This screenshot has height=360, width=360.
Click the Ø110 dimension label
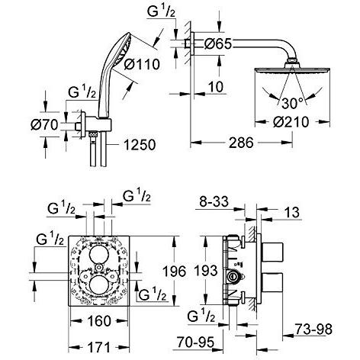point(142,64)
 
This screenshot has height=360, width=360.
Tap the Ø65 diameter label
point(218,44)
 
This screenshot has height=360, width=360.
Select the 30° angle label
point(293,103)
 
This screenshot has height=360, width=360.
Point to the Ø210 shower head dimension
point(291,122)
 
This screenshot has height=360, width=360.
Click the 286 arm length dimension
point(241,143)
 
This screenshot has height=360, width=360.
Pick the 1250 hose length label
point(140,145)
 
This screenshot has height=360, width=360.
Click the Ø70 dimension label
point(44,125)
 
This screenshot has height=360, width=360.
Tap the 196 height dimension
point(174,271)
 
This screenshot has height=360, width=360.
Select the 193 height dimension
point(206,270)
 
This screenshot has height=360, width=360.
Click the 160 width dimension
point(99,321)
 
